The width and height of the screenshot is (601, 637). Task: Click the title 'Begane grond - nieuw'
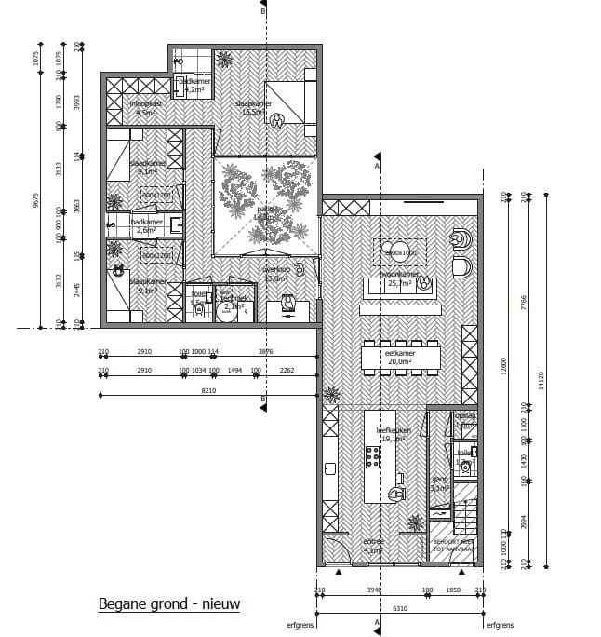pos(169,604)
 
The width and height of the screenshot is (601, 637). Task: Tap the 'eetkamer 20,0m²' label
pos(400,359)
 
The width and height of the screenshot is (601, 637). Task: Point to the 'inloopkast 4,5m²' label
pos(146,107)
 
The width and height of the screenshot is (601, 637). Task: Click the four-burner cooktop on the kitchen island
pos(373,456)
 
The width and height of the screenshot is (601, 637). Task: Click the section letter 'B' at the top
pos(263,13)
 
